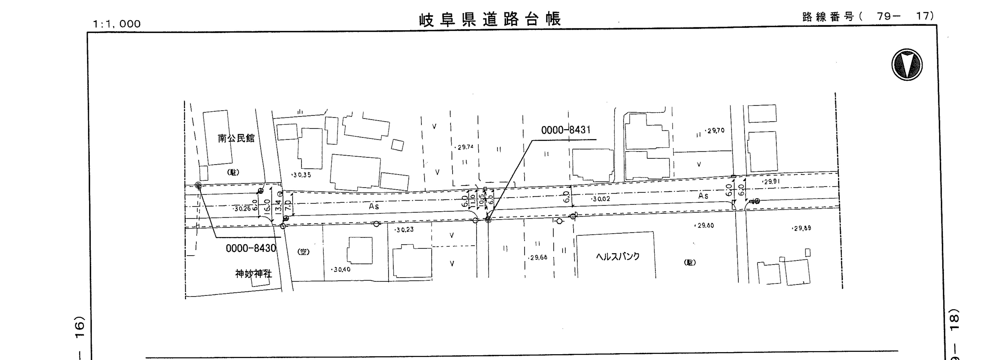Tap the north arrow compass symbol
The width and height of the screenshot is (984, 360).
tap(907, 65)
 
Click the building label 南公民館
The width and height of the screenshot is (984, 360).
tap(236, 138)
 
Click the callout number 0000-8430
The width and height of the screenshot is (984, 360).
tap(251, 248)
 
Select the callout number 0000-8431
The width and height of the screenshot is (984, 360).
tap(565, 130)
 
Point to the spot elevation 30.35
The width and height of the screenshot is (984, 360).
tap(301, 175)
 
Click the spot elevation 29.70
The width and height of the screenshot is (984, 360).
tap(715, 131)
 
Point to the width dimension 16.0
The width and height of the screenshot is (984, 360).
tap(267, 205)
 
